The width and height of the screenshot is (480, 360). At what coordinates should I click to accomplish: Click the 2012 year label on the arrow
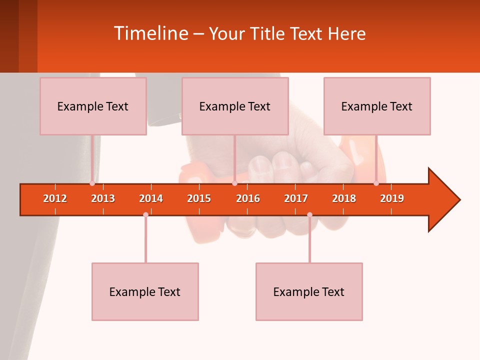(55, 198)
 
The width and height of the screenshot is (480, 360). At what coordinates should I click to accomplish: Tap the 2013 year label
(103, 198)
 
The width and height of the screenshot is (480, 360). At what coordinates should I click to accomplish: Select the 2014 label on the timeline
(151, 198)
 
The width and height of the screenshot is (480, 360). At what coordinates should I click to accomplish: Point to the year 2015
(199, 198)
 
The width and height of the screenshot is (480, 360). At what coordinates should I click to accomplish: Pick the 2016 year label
(248, 198)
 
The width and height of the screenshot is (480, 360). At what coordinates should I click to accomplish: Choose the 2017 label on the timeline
(296, 198)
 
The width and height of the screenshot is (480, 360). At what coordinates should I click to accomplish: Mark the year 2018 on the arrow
(344, 198)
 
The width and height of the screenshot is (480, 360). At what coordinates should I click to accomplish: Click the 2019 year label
(392, 198)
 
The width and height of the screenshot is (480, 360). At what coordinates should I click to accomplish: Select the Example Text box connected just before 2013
(93, 106)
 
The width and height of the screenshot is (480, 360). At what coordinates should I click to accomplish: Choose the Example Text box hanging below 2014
(145, 291)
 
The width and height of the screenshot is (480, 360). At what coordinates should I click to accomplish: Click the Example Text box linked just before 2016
(235, 106)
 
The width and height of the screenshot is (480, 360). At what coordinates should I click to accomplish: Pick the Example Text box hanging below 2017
(309, 291)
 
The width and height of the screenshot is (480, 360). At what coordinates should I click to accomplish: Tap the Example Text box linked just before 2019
(377, 106)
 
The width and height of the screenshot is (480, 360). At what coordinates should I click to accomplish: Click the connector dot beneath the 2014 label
(145, 214)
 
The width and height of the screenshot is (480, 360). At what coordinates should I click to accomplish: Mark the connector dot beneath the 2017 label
(309, 214)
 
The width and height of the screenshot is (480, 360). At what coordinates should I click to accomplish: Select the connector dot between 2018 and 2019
(376, 183)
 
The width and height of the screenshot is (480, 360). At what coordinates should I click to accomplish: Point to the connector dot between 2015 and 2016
(234, 183)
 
